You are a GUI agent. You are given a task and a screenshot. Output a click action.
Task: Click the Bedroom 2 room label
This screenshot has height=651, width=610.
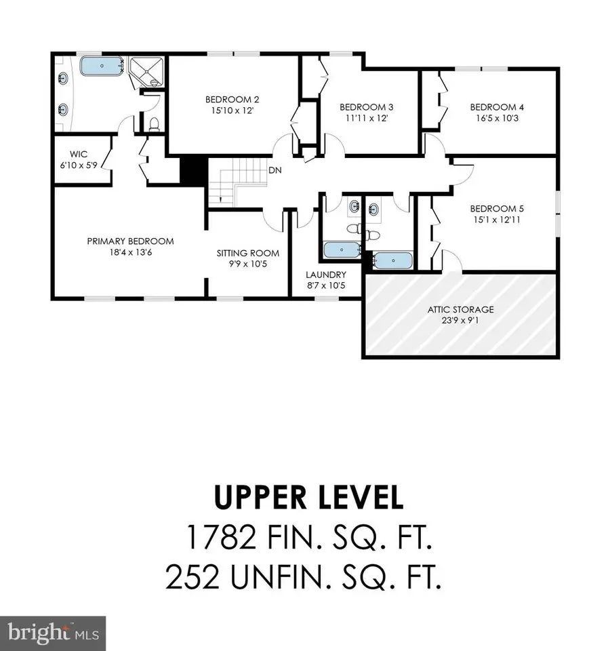[232, 99]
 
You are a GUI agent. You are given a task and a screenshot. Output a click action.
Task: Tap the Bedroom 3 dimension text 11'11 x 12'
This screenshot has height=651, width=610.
[366, 118]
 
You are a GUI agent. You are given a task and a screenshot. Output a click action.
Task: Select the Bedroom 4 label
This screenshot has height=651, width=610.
[497, 106]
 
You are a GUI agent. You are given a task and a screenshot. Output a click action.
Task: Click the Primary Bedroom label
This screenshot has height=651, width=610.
[130, 241]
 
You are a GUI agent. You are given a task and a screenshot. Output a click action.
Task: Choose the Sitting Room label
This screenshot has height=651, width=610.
[247, 253]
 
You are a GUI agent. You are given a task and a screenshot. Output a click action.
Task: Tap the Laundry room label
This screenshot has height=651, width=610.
[325, 275]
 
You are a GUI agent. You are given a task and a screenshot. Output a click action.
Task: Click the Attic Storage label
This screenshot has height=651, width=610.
[460, 309]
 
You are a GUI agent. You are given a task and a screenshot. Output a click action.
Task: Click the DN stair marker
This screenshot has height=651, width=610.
[275, 170]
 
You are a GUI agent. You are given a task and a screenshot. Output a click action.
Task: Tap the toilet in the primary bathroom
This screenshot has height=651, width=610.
[154, 123]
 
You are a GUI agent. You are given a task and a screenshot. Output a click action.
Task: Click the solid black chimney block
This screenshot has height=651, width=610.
[192, 170]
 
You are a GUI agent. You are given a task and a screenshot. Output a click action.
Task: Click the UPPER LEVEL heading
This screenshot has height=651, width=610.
[308, 498]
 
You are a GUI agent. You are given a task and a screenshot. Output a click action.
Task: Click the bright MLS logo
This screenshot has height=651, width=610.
[53, 633]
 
